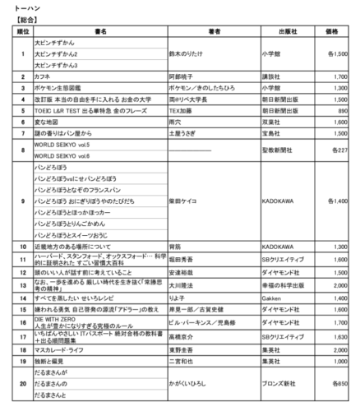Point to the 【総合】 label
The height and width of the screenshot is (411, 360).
coord(19,18)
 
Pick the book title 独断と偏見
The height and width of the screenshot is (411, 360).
coord(48,359)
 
